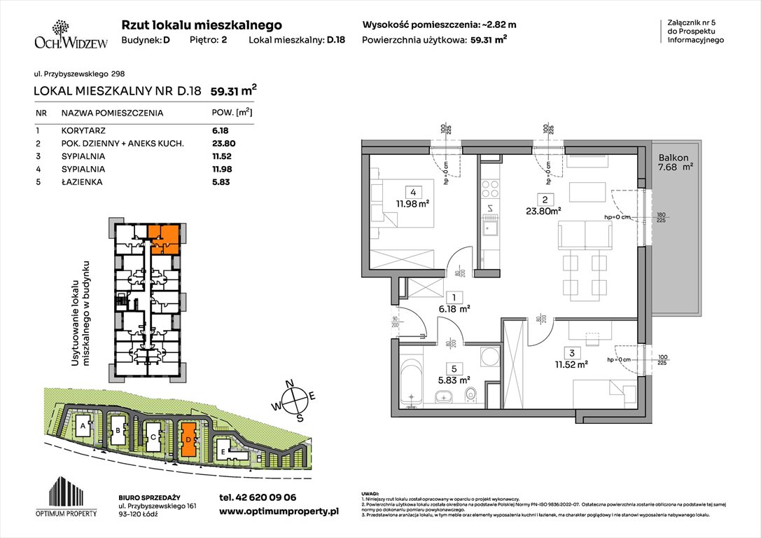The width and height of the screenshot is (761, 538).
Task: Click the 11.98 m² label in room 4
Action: (x=412, y=204)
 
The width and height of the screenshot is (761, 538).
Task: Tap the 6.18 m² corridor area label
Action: (x=454, y=308)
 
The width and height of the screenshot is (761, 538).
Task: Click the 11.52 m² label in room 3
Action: (x=571, y=364)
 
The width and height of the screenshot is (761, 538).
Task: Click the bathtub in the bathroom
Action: (x=412, y=380)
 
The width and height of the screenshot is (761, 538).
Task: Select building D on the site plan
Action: (x=188, y=439)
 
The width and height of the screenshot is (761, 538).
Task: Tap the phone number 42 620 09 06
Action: (x=258, y=497)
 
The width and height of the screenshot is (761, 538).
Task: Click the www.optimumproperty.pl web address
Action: (x=279, y=512)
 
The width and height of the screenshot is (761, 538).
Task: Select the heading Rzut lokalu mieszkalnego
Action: (x=202, y=25)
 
